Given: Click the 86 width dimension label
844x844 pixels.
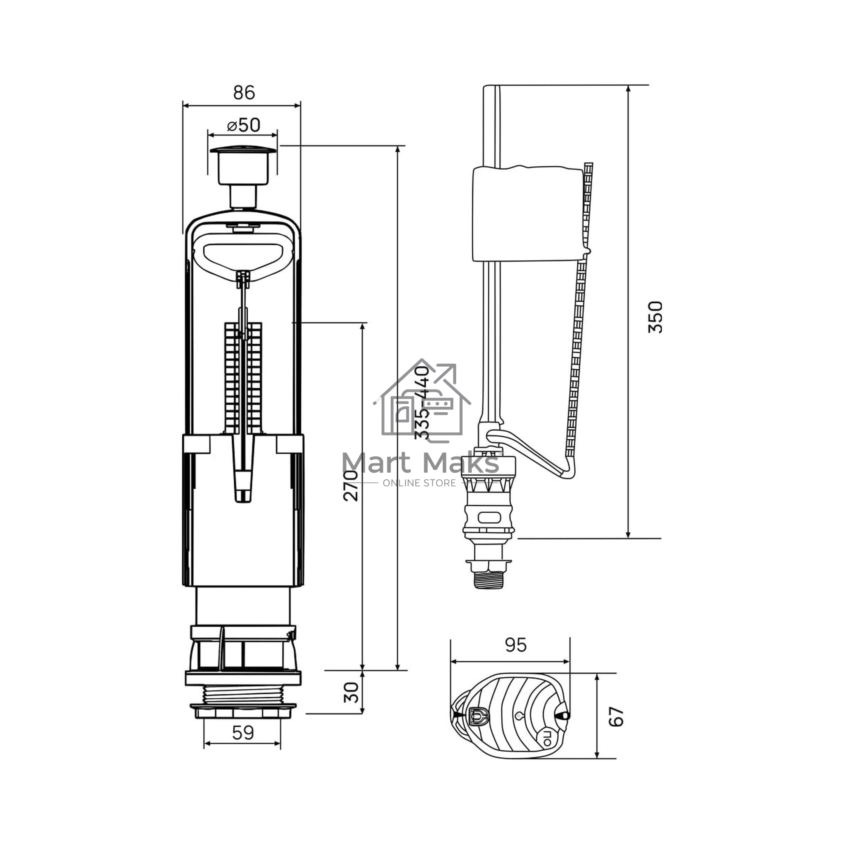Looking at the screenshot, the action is (x=244, y=92).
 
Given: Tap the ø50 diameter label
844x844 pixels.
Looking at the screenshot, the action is (x=243, y=125).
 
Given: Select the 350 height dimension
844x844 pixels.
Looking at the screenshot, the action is (x=655, y=317).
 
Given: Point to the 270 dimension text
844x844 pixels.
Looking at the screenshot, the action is (x=350, y=485).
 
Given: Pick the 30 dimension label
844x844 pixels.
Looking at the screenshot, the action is (x=351, y=693).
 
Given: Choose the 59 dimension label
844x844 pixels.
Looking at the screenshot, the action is (x=243, y=733).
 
